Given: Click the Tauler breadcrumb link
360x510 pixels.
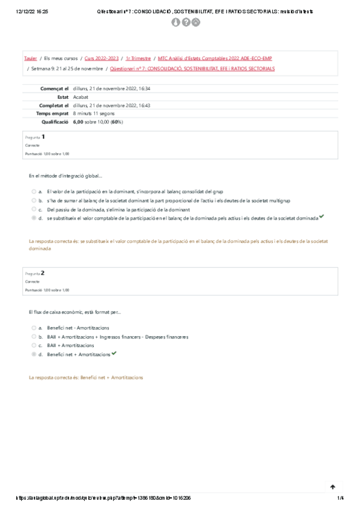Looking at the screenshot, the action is pyautogui.click(x=30, y=59).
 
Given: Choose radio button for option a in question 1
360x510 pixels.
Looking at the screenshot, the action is pyautogui.click(x=34, y=191).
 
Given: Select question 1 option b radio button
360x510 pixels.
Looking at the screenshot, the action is pyautogui.click(x=34, y=200).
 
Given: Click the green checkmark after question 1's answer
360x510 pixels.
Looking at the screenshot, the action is pyautogui.click(x=322, y=217).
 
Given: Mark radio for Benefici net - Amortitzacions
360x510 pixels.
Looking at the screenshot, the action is pyautogui.click(x=34, y=328).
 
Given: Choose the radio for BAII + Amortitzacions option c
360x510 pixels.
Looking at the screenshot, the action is pyautogui.click(x=34, y=346).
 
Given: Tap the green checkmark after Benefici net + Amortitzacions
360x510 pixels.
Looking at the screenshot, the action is pyautogui.click(x=114, y=354).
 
